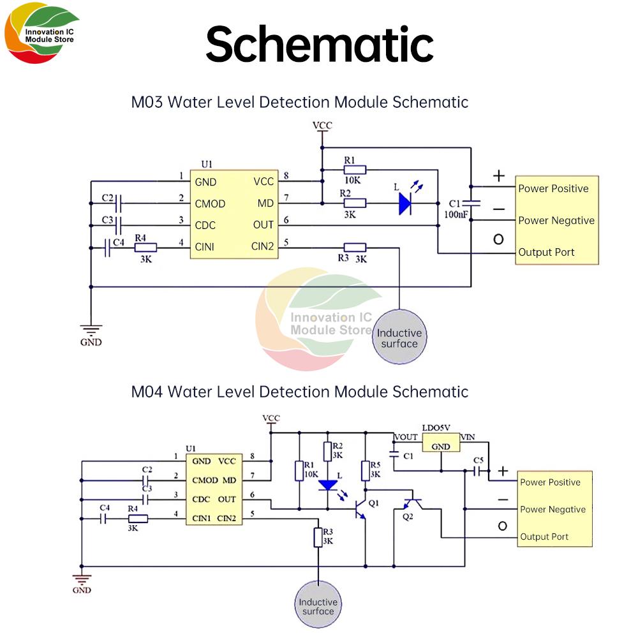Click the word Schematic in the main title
(x=319, y=43)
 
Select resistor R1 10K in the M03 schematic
(x=355, y=170)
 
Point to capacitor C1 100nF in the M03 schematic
(x=471, y=203)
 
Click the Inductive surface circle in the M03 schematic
(x=399, y=338)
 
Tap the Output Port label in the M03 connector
(x=546, y=252)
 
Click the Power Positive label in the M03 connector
(x=553, y=188)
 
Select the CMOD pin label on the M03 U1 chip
(x=210, y=204)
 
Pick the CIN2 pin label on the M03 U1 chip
(x=262, y=246)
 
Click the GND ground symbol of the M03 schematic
(x=91, y=332)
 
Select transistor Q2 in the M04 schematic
(x=409, y=504)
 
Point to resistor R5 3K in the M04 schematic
(x=364, y=470)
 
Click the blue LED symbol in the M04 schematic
(x=328, y=485)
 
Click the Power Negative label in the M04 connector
(x=553, y=509)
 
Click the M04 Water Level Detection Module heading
(x=299, y=391)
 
